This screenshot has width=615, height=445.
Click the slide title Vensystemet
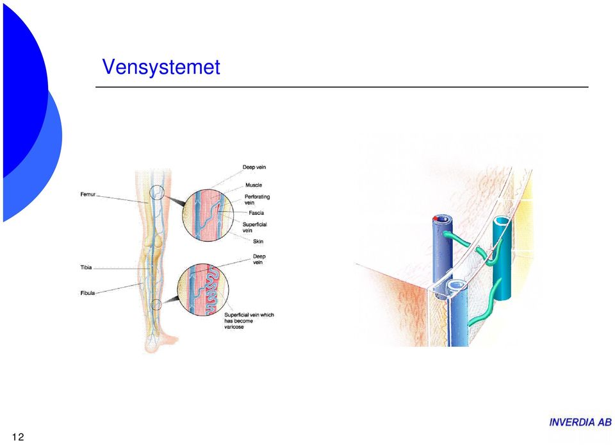point(161,67)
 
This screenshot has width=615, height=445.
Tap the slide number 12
point(18,437)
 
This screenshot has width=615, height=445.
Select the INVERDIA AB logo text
point(580,423)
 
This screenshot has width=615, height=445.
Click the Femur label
point(88,194)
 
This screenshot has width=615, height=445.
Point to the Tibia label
point(86,267)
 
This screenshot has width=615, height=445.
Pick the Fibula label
point(88,293)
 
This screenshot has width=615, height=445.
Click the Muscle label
point(254,185)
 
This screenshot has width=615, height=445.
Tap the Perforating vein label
point(257,199)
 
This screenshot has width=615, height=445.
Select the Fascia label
point(256,213)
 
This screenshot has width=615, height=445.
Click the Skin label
point(258,241)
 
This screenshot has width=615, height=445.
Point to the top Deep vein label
point(254,167)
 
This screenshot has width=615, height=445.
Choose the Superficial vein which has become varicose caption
point(249,321)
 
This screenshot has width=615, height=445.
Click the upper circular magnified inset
point(208,215)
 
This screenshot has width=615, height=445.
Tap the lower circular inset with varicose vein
point(203,289)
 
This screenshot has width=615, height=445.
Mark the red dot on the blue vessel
point(435,219)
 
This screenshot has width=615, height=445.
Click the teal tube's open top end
point(502,221)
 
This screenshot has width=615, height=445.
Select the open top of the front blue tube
point(457,285)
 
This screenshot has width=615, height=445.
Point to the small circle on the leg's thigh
point(157,192)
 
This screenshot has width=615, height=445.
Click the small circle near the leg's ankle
point(156,304)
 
